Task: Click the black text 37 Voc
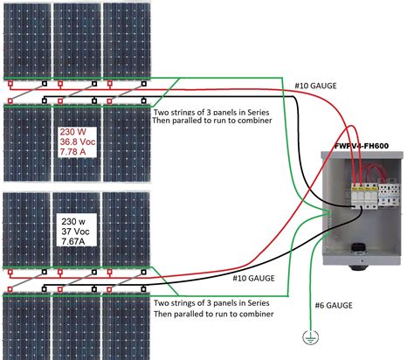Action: pos(75,227)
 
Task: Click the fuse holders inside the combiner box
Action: pos(359,195)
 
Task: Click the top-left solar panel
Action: pos(26,39)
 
